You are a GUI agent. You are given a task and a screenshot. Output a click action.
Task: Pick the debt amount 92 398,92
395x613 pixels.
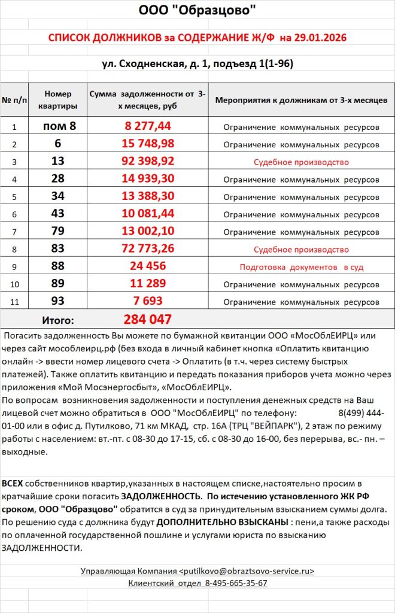[148, 161]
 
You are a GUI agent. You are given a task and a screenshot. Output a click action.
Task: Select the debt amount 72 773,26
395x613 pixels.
[148, 249]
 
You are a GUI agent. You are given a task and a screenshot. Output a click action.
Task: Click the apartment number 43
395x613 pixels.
[58, 214]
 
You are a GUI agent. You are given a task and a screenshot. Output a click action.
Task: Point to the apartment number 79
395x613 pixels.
[58, 232]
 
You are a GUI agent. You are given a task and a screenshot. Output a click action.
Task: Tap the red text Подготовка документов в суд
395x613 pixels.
[301, 267]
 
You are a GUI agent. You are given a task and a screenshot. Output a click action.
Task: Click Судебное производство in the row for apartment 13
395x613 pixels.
[301, 162]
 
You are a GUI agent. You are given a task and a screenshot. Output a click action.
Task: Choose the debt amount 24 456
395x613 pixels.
[148, 266]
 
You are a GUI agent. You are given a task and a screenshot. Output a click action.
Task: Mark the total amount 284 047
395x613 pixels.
[148, 319]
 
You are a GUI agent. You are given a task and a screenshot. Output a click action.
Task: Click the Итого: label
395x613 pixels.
[58, 320]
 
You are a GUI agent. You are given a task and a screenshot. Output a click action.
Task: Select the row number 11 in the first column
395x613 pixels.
[14, 302]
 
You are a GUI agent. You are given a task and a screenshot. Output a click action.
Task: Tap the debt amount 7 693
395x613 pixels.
[148, 301]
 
